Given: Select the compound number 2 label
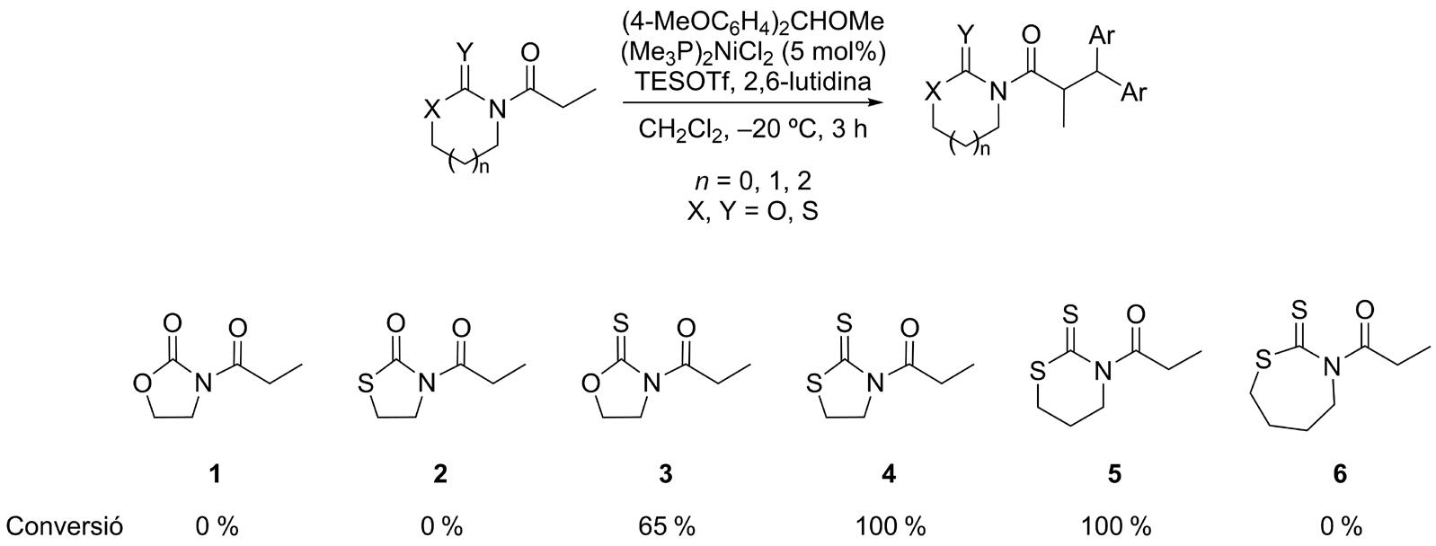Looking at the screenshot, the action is pos(440,474).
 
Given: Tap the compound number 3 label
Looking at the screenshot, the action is pos(665,474).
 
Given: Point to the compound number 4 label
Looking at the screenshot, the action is pos(890,474).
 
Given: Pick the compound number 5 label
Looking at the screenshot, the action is pos(1114,474).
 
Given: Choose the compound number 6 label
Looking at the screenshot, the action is pos(1340,474).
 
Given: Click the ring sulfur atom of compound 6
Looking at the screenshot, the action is pos(1263,361).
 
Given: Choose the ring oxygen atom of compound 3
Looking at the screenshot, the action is pos(589,385).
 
